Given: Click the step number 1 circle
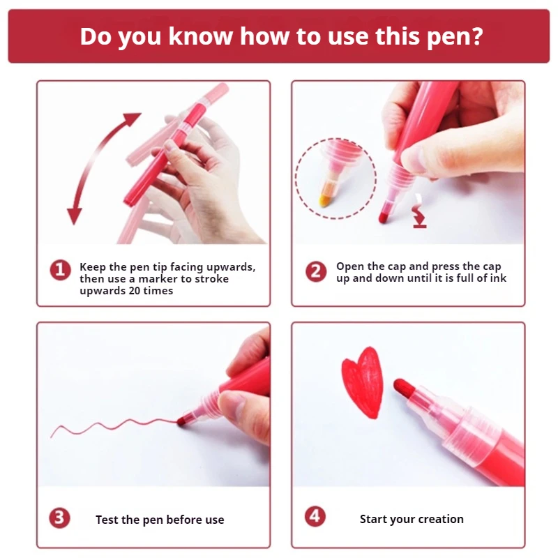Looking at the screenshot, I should tap(60, 269).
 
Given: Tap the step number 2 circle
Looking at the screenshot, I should tap(317, 271).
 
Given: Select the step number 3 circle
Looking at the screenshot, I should tap(60, 518).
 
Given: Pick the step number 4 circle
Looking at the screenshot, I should tap(315, 517).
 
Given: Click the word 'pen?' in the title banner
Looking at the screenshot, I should tap(448, 36).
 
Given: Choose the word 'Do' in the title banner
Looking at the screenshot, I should tap(96, 36).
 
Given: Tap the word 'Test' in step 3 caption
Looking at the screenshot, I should tap(107, 520).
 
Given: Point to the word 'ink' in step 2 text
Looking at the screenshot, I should tap(498, 278).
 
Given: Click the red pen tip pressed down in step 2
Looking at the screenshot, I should tap(384, 218).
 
